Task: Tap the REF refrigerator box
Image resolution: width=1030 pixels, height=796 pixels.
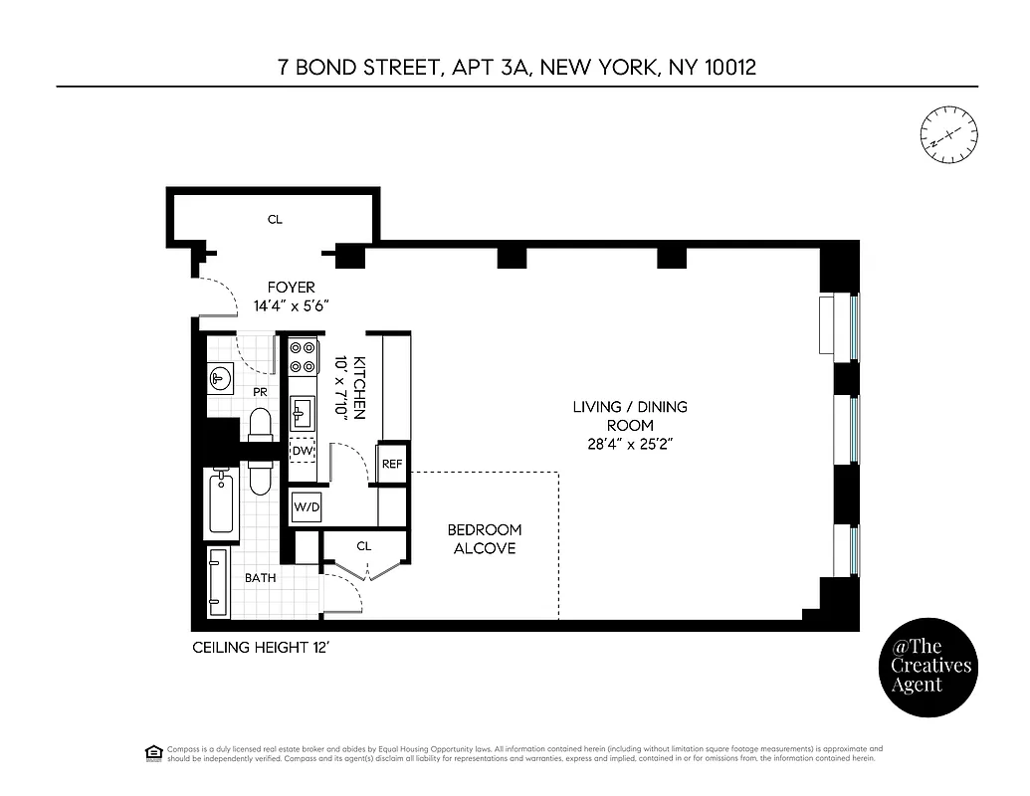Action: click(x=392, y=463)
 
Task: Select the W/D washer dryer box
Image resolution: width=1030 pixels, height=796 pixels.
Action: click(x=307, y=507)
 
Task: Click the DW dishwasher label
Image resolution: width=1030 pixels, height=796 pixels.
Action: click(x=303, y=451)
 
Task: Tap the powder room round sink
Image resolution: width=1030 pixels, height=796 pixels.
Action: click(x=221, y=377)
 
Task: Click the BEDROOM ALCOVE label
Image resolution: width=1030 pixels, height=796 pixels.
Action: click(x=485, y=538)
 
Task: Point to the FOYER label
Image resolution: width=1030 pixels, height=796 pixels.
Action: click(x=291, y=288)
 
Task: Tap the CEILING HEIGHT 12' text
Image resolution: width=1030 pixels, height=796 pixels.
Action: click(x=259, y=648)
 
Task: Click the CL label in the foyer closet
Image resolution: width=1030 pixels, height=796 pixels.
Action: click(x=275, y=219)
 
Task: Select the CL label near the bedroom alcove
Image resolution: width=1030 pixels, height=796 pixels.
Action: click(x=364, y=545)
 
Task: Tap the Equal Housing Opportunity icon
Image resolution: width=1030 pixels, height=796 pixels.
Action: click(x=153, y=752)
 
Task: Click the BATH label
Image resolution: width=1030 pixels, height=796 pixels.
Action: click(x=261, y=577)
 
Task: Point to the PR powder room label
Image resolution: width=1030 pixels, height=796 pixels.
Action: click(x=260, y=392)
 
